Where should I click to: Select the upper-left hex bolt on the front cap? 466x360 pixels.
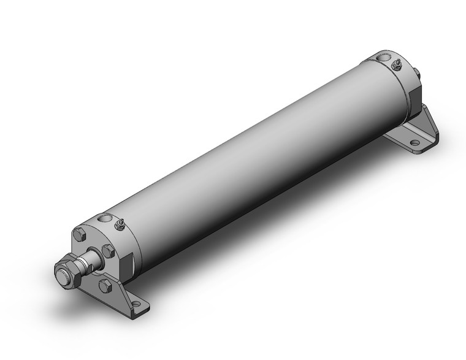78,234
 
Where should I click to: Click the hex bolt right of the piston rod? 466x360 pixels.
108,250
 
